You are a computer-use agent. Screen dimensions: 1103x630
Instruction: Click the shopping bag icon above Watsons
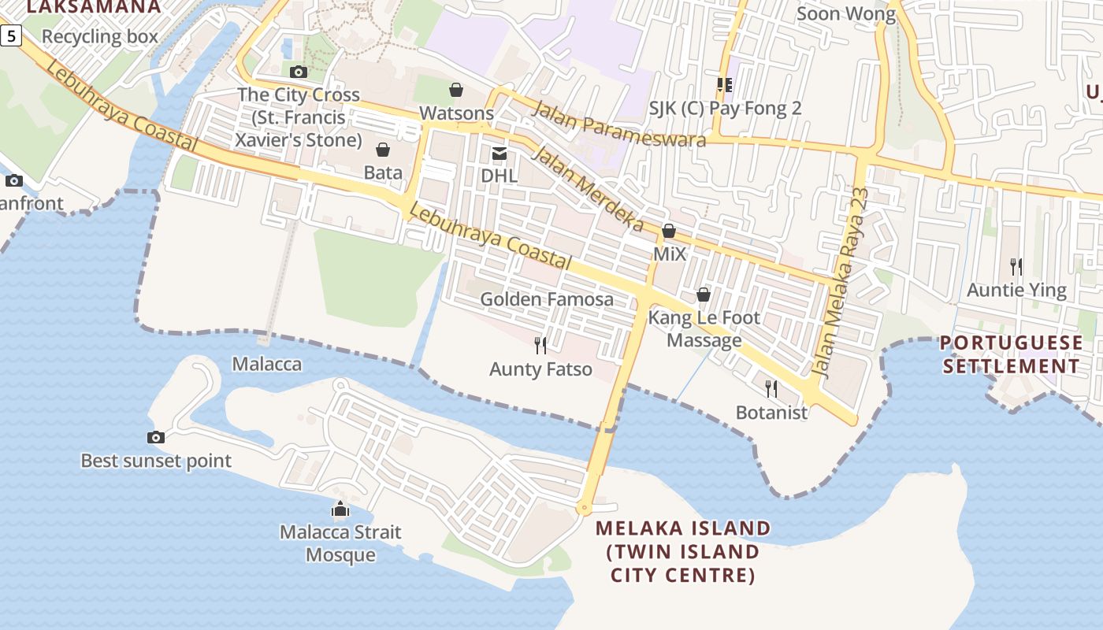point(456,91)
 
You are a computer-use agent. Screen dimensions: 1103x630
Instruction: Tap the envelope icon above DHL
point(500,153)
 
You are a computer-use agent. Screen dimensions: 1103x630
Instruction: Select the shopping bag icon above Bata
point(383,150)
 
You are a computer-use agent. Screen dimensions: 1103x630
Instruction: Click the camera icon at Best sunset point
point(156,438)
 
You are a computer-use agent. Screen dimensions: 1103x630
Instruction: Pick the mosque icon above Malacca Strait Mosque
point(340,509)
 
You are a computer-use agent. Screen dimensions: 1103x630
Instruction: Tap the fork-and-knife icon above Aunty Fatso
point(540,345)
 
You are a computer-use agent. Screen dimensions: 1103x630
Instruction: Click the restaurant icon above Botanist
point(771,388)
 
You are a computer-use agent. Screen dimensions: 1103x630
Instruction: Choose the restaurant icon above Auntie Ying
point(1016,267)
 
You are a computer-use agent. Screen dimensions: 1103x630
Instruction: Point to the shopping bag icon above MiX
point(669,231)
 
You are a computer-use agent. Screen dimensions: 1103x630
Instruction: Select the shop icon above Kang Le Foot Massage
point(703,295)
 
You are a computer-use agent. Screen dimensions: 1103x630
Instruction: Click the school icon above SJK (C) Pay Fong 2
point(724,85)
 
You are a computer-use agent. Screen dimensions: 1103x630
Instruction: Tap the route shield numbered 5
point(11,35)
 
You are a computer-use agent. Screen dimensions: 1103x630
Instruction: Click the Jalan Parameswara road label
point(618,124)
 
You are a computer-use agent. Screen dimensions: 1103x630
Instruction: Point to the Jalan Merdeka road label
point(588,188)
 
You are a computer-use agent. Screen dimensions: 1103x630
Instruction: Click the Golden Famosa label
point(547,299)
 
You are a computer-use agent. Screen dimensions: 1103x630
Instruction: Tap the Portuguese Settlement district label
point(1012,354)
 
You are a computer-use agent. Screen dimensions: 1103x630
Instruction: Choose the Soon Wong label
point(846,13)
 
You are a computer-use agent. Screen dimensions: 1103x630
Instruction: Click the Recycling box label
point(100,36)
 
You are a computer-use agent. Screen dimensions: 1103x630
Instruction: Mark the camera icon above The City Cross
point(299,72)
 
